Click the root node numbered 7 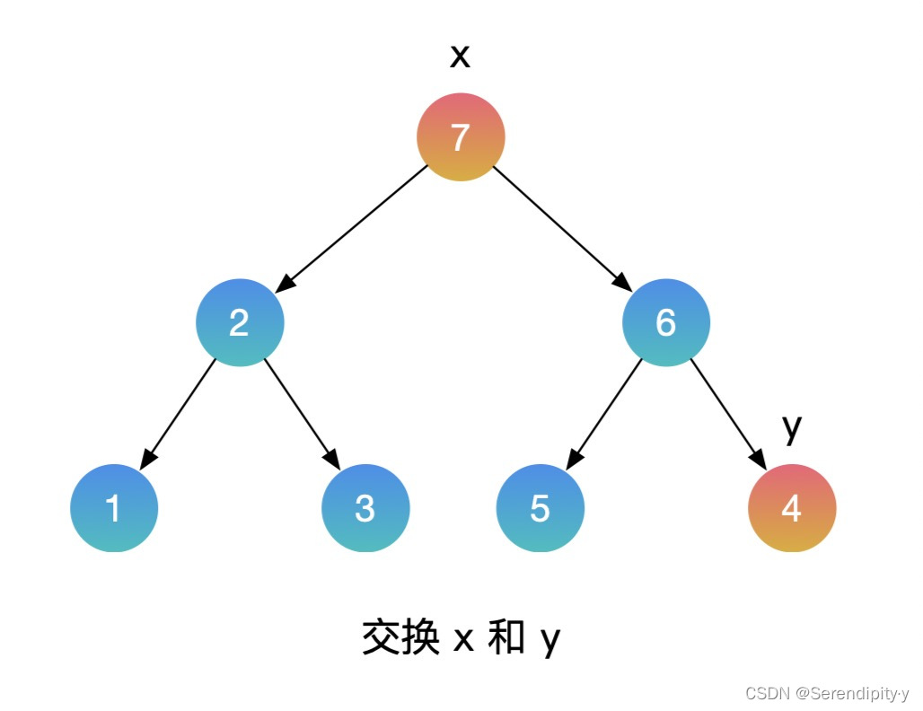pyautogui.click(x=461, y=137)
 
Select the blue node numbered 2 pyautogui.click(x=240, y=322)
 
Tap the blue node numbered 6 pyautogui.click(x=665, y=322)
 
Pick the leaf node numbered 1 pyautogui.click(x=114, y=508)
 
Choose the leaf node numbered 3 pyautogui.click(x=365, y=508)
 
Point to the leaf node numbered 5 pyautogui.click(x=540, y=508)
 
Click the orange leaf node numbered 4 pyautogui.click(x=791, y=508)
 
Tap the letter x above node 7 pyautogui.click(x=460, y=57)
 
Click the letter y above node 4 pyautogui.click(x=791, y=428)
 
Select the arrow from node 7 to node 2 pyautogui.click(x=352, y=229)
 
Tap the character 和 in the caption pyautogui.click(x=506, y=638)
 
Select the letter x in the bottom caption pyautogui.click(x=463, y=640)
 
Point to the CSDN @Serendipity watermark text pyautogui.click(x=827, y=693)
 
